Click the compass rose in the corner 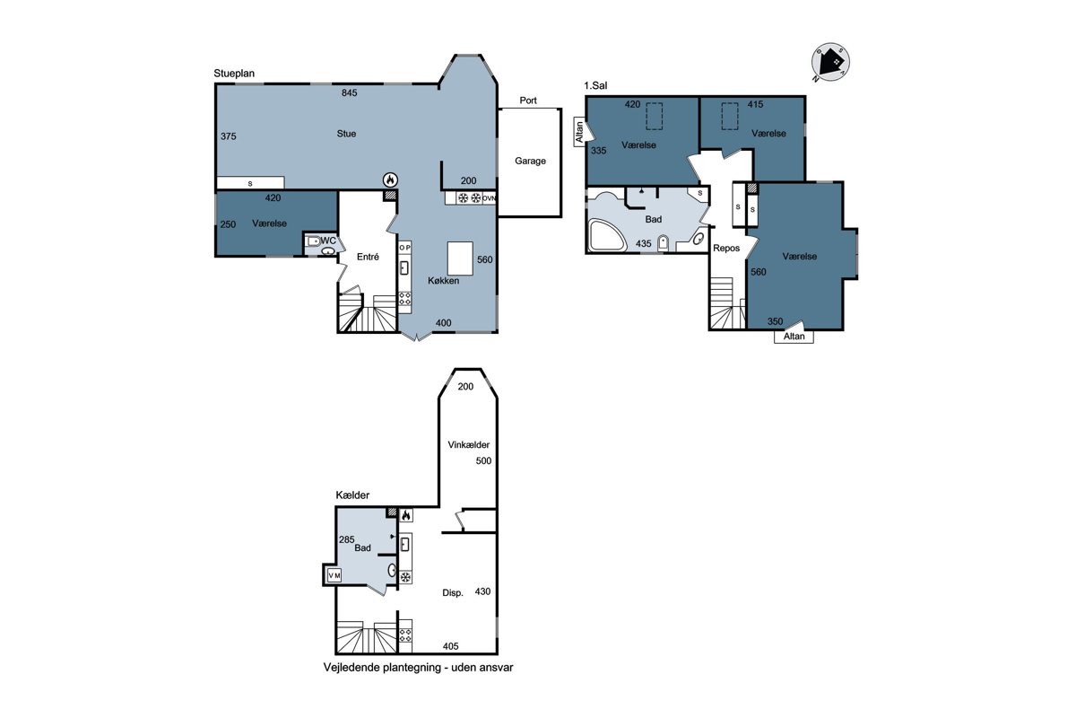(830, 63)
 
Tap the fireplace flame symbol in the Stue (391, 179)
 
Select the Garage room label (530, 162)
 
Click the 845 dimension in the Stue (349, 92)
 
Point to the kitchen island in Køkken (460, 258)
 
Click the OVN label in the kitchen (489, 198)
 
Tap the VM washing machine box (334, 575)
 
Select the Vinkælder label (468, 445)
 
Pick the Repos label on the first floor (726, 248)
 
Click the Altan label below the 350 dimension (794, 337)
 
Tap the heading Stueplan (234, 74)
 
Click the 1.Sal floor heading (595, 85)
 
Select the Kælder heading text (352, 495)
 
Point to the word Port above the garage (528, 101)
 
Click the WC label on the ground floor (328, 241)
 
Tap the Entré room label (368, 257)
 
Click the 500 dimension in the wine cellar (483, 460)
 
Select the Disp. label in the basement (453, 593)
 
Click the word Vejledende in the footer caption (351, 668)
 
